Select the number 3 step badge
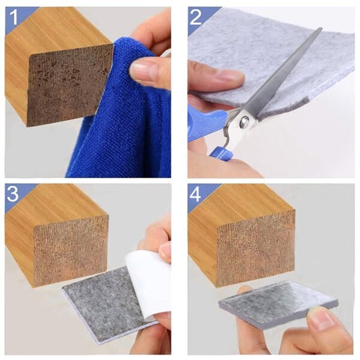14,194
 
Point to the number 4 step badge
196,194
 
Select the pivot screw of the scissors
244,122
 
